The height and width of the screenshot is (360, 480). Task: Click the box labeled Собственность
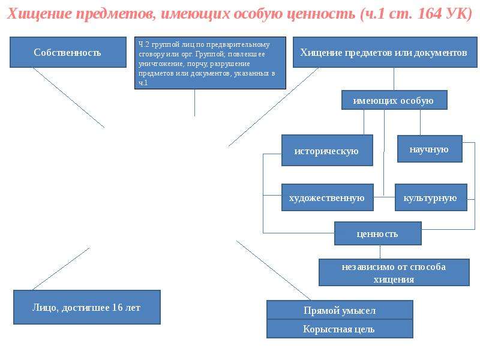pyautogui.click(x=68, y=52)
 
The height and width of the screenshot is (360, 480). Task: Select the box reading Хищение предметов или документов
pyautogui.click(x=385, y=52)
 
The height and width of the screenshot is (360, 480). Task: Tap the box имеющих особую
pyautogui.click(x=394, y=100)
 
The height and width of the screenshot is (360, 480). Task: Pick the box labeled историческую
pyautogui.click(x=327, y=151)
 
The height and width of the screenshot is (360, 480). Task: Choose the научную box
pyautogui.click(x=430, y=149)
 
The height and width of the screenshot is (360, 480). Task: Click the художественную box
pyautogui.click(x=327, y=197)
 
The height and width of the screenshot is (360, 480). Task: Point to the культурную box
pyautogui.click(x=431, y=197)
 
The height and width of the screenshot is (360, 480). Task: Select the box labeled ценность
pyautogui.click(x=378, y=233)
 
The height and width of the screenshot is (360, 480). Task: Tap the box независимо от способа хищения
pyautogui.click(x=394, y=272)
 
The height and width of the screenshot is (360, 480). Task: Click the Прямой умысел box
pyautogui.click(x=340, y=310)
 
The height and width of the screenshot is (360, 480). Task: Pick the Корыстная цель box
pyautogui.click(x=340, y=329)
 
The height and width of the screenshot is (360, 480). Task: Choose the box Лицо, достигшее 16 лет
pyautogui.click(x=87, y=307)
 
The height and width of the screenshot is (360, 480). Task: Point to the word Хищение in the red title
pyautogui.click(x=39, y=14)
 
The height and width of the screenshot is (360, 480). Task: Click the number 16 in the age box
pyautogui.click(x=117, y=307)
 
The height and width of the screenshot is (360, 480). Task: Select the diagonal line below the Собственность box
pyautogui.click(x=68, y=98)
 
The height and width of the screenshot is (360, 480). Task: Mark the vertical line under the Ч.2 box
pyautogui.click(x=194, y=103)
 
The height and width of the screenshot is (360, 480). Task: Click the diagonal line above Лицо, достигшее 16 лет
pyautogui.click(x=61, y=269)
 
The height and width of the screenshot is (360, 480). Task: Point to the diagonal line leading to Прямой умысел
pyautogui.click(x=274, y=271)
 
